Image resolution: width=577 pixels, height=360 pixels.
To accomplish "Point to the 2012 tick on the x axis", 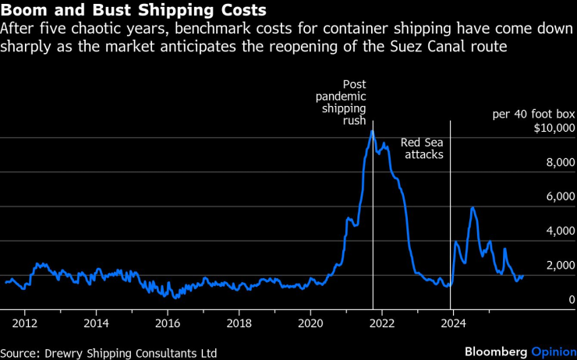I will pyautogui.click(x=25, y=323).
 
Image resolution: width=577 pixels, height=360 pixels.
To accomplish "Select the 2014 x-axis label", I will pyautogui.click(x=97, y=323).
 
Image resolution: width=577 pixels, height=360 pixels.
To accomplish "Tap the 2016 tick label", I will pyautogui.click(x=168, y=323).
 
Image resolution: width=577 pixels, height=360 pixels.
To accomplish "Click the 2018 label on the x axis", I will pyautogui.click(x=239, y=323).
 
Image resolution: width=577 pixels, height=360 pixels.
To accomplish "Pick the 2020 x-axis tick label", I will pyautogui.click(x=310, y=323).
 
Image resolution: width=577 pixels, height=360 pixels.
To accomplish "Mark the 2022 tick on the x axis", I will pyautogui.click(x=382, y=323).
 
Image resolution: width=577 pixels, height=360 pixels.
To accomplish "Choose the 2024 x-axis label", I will pyautogui.click(x=453, y=323).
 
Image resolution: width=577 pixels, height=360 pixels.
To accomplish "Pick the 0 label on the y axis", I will pyautogui.click(x=572, y=300).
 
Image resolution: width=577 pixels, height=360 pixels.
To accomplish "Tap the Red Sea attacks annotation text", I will pyautogui.click(x=422, y=149).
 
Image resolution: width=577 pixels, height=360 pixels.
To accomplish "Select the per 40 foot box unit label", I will pyautogui.click(x=533, y=115).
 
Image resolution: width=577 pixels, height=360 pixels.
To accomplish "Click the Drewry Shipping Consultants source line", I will pyautogui.click(x=108, y=353).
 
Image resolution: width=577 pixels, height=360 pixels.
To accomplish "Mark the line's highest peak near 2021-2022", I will pyautogui.click(x=372, y=130).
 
